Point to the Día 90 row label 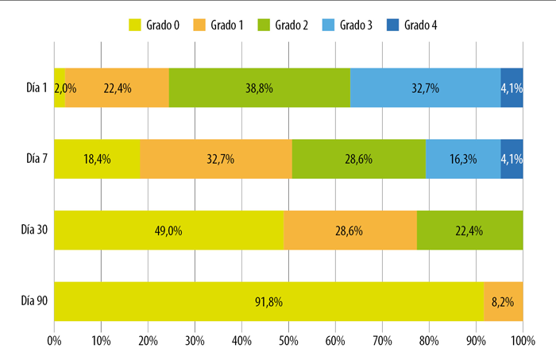(x=34, y=301)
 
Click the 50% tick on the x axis (x=288, y=341)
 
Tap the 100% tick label (x=523, y=341)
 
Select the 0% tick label (x=54, y=341)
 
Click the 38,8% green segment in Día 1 (x=260, y=87)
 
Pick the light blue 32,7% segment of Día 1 (x=426, y=87)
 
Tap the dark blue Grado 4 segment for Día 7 (x=512, y=159)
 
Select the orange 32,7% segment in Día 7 (x=216, y=159)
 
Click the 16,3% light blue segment (x=463, y=159)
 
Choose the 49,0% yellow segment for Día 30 (x=168, y=230)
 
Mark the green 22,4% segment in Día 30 (x=470, y=230)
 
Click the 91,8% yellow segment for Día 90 (x=268, y=301)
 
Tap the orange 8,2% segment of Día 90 (x=504, y=301)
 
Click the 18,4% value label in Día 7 (x=97, y=159)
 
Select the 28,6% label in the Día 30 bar (x=349, y=231)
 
